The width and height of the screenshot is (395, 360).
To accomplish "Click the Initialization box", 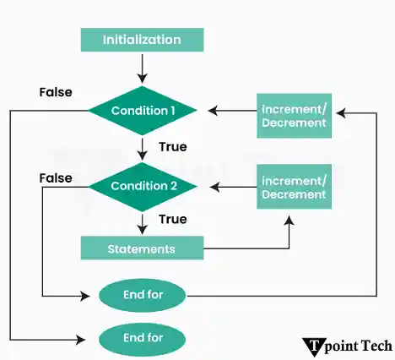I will click(x=142, y=40).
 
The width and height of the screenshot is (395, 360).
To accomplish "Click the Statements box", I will click(x=142, y=248).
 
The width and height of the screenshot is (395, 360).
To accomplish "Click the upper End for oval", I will click(x=143, y=296).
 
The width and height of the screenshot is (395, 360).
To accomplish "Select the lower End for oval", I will click(x=143, y=340).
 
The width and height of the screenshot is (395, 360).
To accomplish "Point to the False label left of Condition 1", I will click(x=56, y=91).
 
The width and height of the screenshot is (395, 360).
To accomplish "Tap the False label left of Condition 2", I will click(x=56, y=178).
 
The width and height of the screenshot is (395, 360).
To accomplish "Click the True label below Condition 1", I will click(x=172, y=147).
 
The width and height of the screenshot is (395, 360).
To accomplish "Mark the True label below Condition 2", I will click(x=172, y=219).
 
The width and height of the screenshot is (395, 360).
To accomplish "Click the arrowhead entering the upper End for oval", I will click(x=86, y=296).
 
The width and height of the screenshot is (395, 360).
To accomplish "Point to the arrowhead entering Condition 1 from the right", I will click(x=214, y=111).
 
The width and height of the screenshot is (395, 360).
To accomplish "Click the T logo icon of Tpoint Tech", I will click(x=313, y=346).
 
